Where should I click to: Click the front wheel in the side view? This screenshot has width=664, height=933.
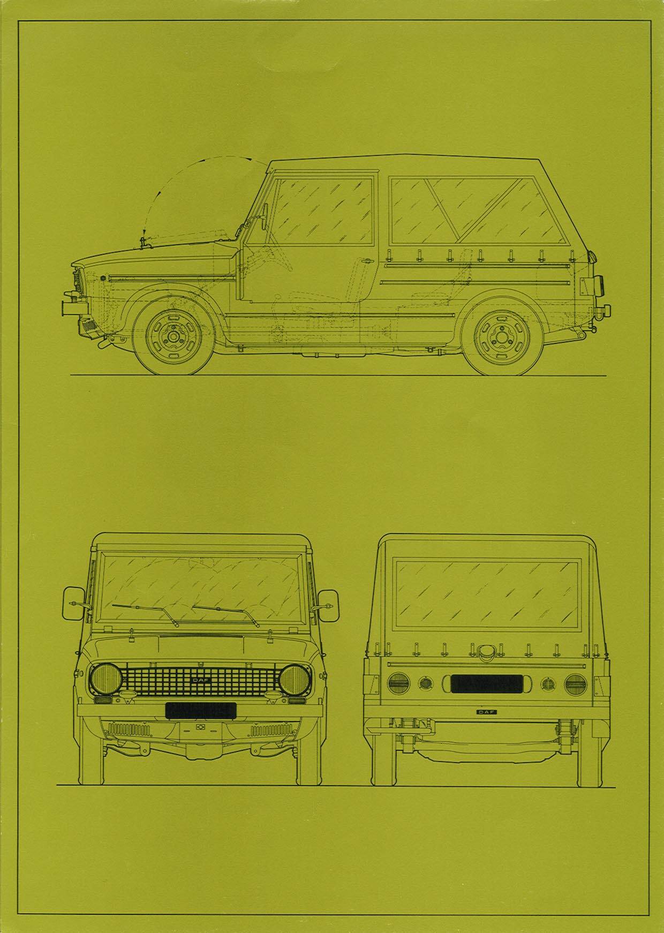tap(171, 337)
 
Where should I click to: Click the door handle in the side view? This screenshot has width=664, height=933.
tap(366, 261)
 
